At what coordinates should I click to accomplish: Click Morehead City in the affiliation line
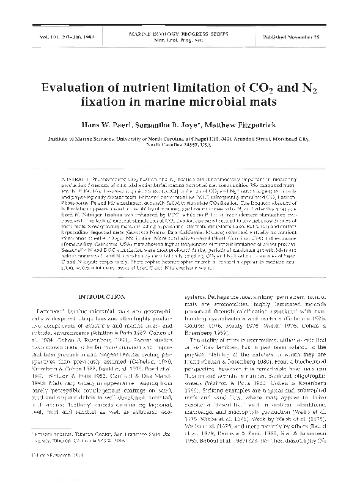[x=299, y=138]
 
